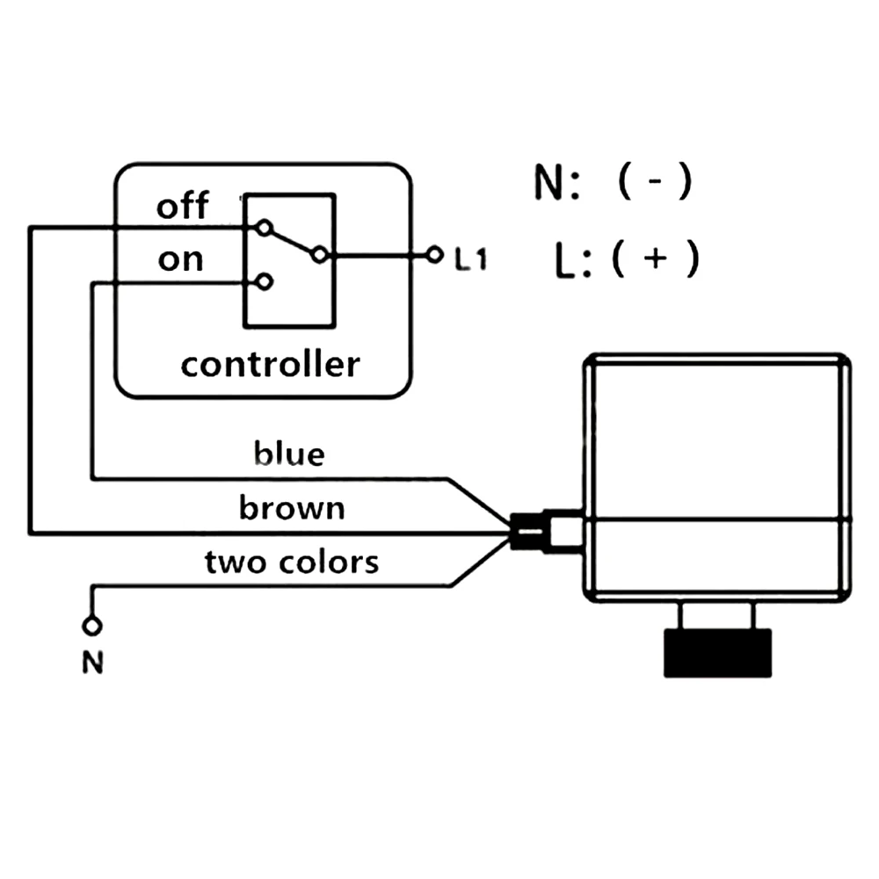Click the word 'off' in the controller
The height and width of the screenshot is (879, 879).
click(182, 206)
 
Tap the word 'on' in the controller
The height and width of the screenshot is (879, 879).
click(180, 260)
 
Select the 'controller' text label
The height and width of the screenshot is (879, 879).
click(270, 365)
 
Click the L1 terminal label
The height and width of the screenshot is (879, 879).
click(471, 258)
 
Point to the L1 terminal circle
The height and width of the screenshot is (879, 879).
click(434, 255)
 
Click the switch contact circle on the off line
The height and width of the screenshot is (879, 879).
click(264, 229)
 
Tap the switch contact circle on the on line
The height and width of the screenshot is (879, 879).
click(264, 281)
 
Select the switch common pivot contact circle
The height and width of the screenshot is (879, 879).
click(320, 255)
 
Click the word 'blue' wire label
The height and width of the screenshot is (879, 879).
click(289, 454)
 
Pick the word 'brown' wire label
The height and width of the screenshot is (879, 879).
click(292, 508)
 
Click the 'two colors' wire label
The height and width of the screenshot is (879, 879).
click(292, 562)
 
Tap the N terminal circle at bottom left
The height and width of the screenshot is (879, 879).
click(92, 626)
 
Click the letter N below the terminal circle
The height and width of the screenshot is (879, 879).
click(93, 663)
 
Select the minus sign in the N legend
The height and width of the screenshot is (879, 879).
click(655, 181)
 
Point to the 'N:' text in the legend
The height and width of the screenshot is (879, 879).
click(556, 182)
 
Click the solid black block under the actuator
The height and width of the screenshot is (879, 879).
click(717, 653)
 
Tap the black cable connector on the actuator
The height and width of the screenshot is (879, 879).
click(527, 531)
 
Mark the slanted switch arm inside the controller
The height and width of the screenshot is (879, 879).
click(292, 242)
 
